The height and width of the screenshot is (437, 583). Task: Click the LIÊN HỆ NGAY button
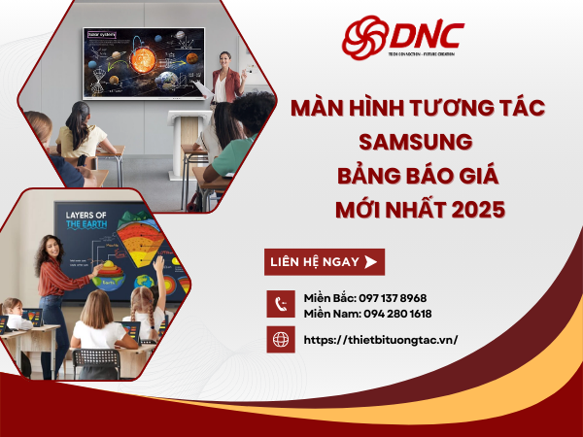[325, 262]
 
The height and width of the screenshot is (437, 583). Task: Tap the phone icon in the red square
[282, 304]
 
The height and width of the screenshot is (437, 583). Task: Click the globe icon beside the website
[282, 340]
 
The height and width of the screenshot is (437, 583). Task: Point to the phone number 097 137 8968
[393, 297]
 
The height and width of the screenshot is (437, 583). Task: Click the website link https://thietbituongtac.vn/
[381, 340]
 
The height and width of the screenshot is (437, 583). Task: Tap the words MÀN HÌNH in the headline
[341, 109]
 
